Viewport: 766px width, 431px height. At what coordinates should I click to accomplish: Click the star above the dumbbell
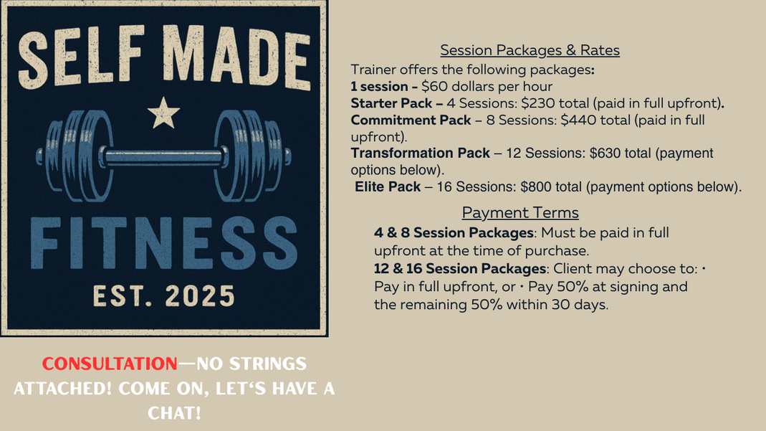[x=163, y=113]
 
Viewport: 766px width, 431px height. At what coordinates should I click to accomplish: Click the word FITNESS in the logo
[x=164, y=243]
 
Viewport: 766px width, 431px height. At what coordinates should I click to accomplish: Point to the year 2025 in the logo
[x=200, y=296]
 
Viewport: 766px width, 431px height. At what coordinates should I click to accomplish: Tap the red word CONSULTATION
[x=110, y=364]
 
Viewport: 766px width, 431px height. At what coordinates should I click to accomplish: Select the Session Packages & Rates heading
[x=530, y=50]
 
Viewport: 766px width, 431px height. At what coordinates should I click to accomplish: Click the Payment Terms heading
[x=520, y=212]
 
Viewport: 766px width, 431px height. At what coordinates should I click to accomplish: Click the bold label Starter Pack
[x=391, y=103]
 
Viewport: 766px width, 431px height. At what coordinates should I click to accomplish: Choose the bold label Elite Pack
[x=388, y=186]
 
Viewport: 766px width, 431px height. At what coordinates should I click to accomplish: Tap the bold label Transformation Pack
[x=420, y=153]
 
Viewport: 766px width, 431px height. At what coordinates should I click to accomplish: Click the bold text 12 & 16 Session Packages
[x=460, y=269]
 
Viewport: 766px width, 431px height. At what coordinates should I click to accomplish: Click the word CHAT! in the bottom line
[x=174, y=413]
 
